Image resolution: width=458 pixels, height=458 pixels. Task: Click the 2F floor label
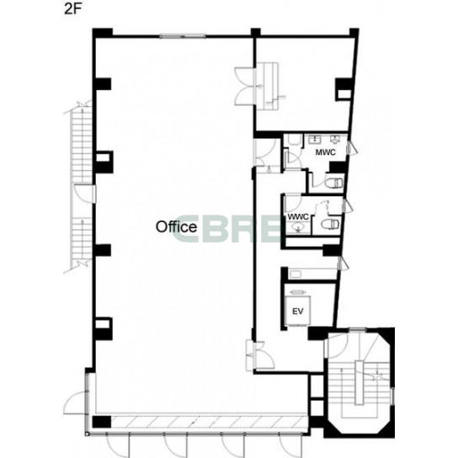click(x=72, y=9)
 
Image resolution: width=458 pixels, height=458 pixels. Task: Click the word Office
click(x=176, y=227)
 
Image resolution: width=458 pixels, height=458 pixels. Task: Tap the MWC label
click(x=325, y=152)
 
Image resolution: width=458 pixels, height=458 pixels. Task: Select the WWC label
click(x=298, y=217)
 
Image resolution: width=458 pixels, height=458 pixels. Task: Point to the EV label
click(x=298, y=312)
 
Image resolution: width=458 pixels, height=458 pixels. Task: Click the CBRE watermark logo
click(x=226, y=229)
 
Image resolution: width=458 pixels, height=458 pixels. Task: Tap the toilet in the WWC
click(x=330, y=224)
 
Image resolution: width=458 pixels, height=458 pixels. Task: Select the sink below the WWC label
click(x=298, y=227)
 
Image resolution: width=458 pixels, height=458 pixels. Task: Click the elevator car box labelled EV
click(x=298, y=311)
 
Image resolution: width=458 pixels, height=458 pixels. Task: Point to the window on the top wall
click(x=183, y=36)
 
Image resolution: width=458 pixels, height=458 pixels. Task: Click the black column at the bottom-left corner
click(x=102, y=422)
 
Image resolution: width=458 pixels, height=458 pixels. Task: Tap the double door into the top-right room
click(x=245, y=86)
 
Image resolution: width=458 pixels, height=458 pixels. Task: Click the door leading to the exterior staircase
click(x=84, y=193)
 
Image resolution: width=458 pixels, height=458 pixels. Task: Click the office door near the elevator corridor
click(x=260, y=356)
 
